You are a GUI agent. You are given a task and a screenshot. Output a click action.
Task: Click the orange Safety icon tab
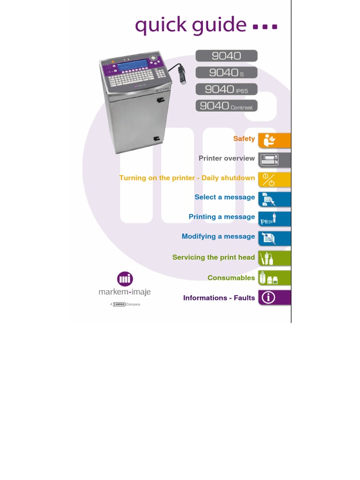point(274,140)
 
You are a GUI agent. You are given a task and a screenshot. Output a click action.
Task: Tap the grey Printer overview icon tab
point(274,160)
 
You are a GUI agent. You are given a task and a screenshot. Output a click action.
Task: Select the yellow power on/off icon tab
point(274,180)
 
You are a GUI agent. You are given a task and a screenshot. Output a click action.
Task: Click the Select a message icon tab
point(274,199)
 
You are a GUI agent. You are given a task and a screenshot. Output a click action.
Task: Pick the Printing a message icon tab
point(274,219)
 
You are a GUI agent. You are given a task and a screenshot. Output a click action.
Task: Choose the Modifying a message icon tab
point(274,239)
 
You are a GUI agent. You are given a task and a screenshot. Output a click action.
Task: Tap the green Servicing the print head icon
point(274,258)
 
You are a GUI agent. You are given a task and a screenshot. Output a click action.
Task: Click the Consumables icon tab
point(274,278)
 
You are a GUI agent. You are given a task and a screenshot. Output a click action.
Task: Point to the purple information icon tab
point(274,298)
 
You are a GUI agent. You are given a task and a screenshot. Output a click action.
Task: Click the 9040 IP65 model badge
point(226,89)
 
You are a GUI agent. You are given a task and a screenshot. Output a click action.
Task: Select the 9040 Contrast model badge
point(226,105)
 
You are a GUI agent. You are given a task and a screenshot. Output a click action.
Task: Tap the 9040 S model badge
point(226,73)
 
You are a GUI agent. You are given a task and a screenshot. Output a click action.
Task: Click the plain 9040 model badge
point(226,56)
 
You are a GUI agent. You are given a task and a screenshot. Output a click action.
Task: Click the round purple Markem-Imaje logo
point(125,279)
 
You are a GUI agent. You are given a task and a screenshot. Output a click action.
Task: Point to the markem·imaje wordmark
point(125,292)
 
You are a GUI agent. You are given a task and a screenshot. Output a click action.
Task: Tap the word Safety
point(244,139)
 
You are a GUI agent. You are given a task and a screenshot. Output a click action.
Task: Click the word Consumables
point(231,278)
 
